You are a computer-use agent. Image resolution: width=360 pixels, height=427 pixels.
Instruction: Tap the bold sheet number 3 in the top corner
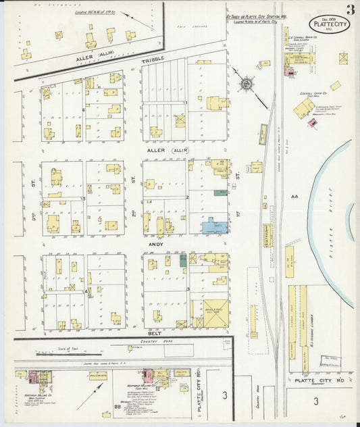tap(350, 9)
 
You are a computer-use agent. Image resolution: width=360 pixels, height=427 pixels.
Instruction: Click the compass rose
tap(247, 84)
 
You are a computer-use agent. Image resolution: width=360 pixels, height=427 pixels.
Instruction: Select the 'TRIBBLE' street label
tap(152, 61)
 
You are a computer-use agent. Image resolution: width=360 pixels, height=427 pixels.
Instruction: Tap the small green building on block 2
tap(220, 193)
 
